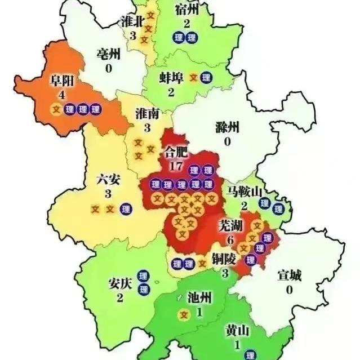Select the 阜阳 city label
coord(57,81)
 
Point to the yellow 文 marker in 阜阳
coord(56,109)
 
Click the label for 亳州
coord(108,55)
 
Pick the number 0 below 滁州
coord(228,141)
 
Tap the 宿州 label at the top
coord(187,10)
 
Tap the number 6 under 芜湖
coord(230,239)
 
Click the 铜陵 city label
coord(224,259)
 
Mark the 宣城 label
coord(290,275)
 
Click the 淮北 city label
coord(133,22)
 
